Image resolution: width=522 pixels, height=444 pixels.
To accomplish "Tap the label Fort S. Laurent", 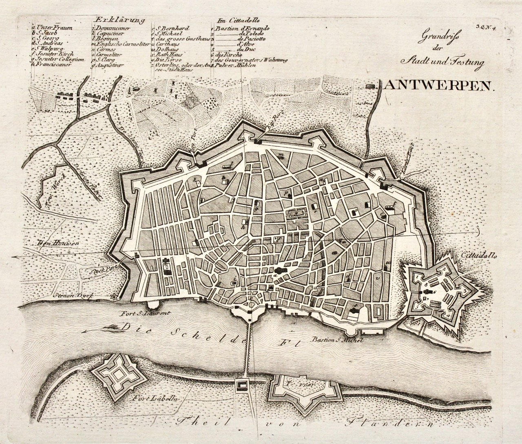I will point(140,314).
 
